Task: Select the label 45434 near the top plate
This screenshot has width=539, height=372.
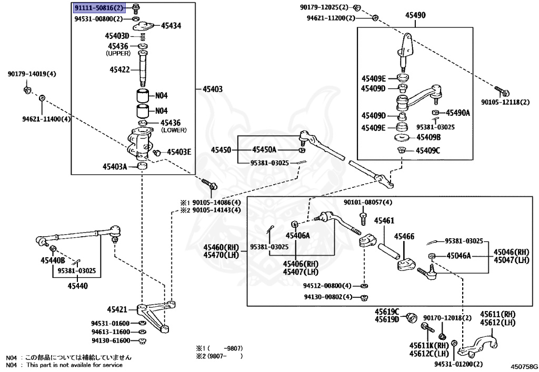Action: click(x=171, y=25)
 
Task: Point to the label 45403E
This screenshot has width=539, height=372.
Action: click(x=179, y=152)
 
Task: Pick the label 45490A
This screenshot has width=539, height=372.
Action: click(x=458, y=113)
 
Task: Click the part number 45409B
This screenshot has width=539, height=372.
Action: click(x=428, y=137)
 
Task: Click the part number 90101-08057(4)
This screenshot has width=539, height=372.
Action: click(x=368, y=202)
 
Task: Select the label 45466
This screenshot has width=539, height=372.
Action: click(x=404, y=236)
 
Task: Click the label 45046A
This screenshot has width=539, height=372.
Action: click(x=458, y=256)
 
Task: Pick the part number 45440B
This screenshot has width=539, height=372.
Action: click(x=53, y=260)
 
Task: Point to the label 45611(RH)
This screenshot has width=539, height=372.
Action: click(x=497, y=314)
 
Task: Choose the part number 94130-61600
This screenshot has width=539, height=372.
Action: click(x=110, y=340)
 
